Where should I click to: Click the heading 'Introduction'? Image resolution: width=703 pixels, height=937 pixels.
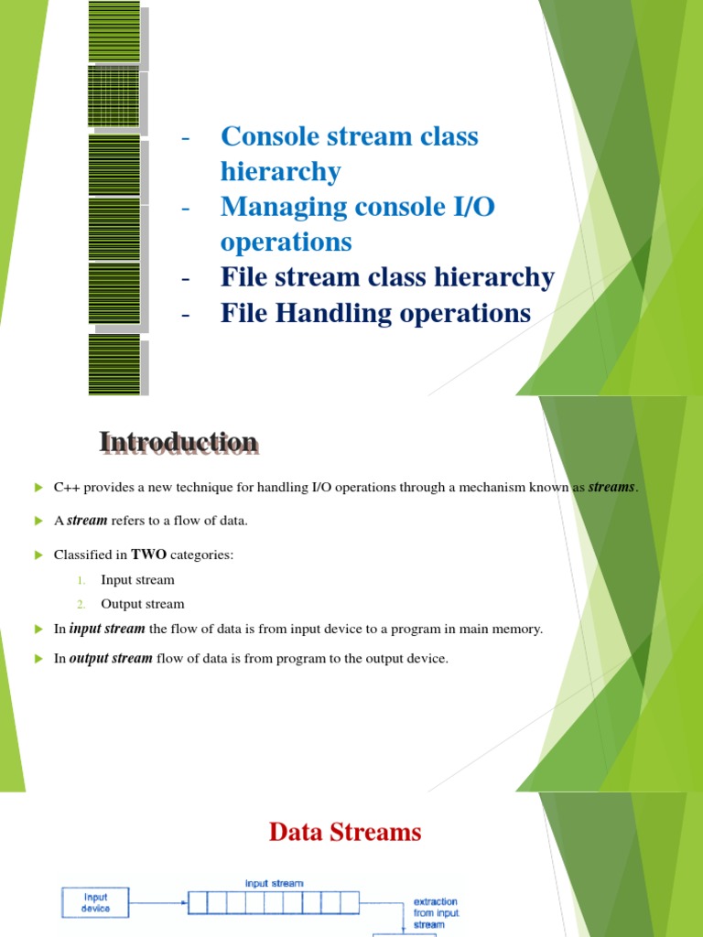click(x=178, y=443)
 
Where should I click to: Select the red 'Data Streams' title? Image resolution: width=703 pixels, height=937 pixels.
click(x=345, y=832)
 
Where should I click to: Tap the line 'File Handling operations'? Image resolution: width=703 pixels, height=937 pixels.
click(x=375, y=313)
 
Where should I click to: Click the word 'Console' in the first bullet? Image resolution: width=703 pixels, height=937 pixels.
click(x=265, y=136)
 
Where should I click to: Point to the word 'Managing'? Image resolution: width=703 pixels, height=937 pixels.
click(x=276, y=207)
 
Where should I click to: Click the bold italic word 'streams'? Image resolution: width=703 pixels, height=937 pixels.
click(x=611, y=488)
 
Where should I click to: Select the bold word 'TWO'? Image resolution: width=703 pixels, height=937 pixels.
click(x=148, y=555)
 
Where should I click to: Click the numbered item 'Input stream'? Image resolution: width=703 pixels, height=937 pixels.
click(x=137, y=580)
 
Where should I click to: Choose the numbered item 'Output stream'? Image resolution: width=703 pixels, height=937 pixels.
click(x=142, y=604)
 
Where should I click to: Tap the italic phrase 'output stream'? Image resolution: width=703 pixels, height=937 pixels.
click(x=111, y=659)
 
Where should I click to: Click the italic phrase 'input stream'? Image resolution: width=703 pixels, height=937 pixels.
click(x=107, y=630)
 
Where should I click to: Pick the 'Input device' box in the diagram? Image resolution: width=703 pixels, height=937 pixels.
click(x=96, y=902)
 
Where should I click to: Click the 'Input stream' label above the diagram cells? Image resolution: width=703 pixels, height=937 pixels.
click(x=274, y=884)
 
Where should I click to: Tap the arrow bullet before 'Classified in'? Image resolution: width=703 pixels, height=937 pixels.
click(x=38, y=555)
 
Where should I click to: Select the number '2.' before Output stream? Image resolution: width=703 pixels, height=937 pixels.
click(x=81, y=604)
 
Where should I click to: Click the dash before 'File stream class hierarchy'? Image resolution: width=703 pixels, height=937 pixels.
click(x=187, y=278)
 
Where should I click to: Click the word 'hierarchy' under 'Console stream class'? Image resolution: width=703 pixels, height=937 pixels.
click(x=280, y=171)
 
